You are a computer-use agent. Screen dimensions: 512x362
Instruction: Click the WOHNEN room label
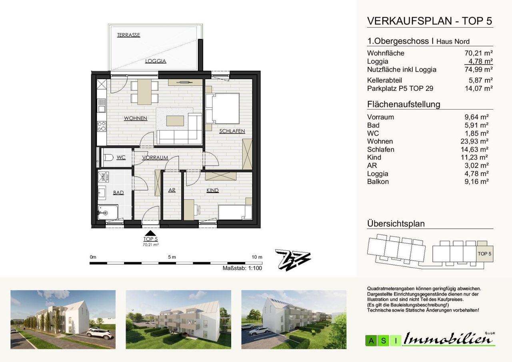(136, 118)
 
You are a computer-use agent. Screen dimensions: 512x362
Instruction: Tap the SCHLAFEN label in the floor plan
(232, 131)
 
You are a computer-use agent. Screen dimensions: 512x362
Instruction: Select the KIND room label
(212, 190)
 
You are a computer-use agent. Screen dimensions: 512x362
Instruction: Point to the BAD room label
(118, 193)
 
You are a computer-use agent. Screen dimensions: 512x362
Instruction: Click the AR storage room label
(172, 190)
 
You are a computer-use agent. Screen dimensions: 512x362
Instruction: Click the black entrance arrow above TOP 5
(150, 233)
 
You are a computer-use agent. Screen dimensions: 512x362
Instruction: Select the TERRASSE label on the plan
(128, 35)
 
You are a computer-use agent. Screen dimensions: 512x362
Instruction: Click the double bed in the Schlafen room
(222, 108)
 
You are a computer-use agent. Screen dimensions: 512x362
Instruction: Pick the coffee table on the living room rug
(175, 121)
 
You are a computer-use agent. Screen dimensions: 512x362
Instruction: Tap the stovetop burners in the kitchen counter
(102, 127)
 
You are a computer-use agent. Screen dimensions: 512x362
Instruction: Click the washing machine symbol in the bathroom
(103, 177)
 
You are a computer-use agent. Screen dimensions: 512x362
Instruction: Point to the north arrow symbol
(293, 260)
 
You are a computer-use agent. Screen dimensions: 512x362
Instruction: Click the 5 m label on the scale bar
(172, 257)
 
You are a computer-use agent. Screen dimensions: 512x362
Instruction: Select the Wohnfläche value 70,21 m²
(479, 53)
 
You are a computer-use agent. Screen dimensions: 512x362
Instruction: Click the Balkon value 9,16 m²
(476, 182)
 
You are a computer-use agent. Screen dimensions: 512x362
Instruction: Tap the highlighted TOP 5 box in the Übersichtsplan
(485, 254)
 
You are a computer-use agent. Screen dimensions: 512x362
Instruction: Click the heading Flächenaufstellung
(404, 104)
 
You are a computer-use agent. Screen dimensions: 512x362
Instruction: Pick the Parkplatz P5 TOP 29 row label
(400, 88)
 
